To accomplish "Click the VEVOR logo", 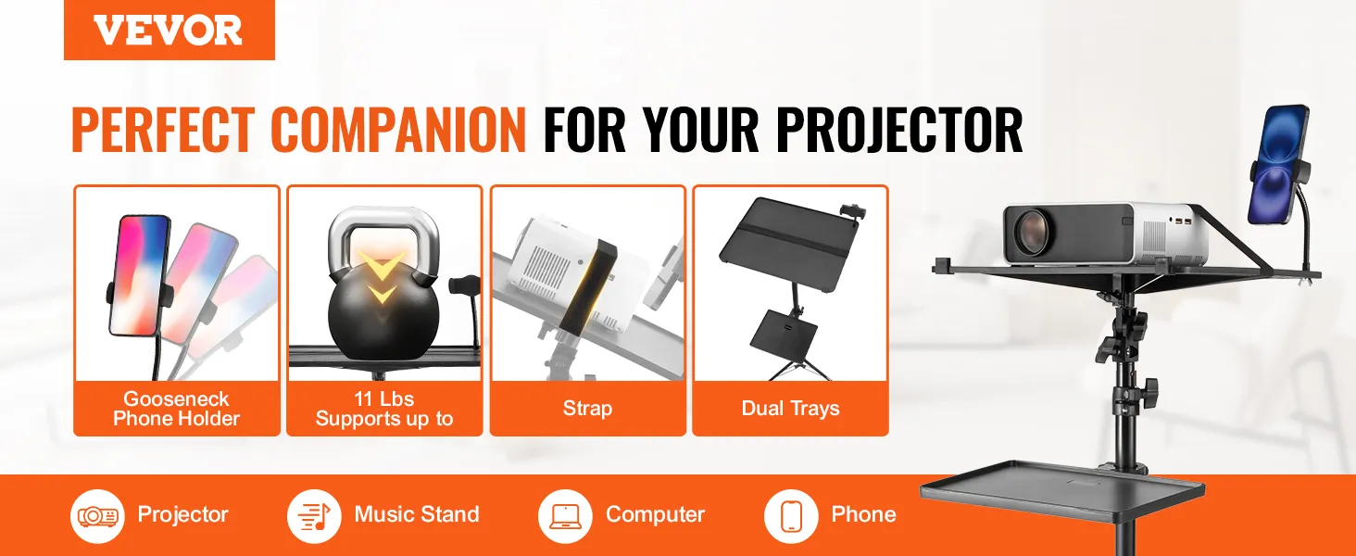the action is (168, 31).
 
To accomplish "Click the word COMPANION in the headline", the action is (398, 130).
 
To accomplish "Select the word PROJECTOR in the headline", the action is (899, 130).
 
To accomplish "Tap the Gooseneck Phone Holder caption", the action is (176, 409).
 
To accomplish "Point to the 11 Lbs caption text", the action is (384, 399).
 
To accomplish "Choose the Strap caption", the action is (587, 409).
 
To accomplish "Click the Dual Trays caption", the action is (790, 409).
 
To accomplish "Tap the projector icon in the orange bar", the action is (97, 516).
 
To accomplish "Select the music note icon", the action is (314, 516).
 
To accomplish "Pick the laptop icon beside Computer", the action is (565, 516).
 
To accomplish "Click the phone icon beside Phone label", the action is (791, 516).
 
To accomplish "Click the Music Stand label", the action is (417, 514).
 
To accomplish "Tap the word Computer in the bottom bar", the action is (655, 515).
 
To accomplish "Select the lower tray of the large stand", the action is (1061, 490).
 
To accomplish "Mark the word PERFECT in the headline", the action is (163, 130).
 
